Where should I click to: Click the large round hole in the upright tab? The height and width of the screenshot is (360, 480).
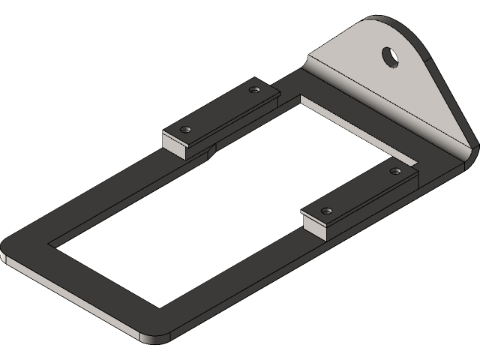(391, 56)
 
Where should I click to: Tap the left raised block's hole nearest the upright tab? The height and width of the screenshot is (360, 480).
(253, 90)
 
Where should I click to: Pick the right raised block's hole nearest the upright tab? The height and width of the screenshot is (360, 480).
(396, 172)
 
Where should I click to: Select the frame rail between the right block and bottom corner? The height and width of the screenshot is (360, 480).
(247, 277)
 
